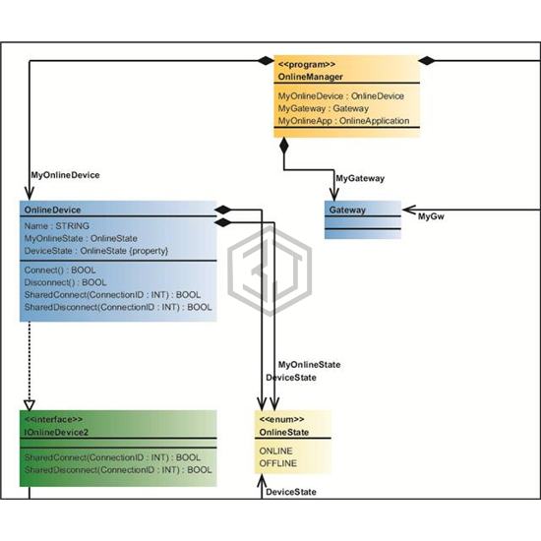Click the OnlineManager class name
click(310, 77)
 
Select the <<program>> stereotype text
click(306, 65)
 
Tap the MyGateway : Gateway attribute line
click(324, 108)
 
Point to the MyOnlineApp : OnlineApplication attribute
click(343, 121)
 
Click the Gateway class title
click(347, 210)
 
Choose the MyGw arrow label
click(431, 216)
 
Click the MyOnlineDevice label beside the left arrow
click(65, 175)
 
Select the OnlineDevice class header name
click(52, 210)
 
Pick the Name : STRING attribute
click(57, 226)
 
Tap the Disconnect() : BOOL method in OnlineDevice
click(65, 282)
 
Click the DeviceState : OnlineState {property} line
click(96, 251)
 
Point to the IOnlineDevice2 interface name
click(56, 432)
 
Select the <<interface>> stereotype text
click(53, 420)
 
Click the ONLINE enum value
click(275, 451)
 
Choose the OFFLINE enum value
click(277, 463)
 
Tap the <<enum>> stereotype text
click(281, 420)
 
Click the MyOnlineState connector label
click(309, 365)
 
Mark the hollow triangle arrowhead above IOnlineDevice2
click(30, 405)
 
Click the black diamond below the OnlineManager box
click(284, 146)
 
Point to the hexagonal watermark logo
click(270, 270)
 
